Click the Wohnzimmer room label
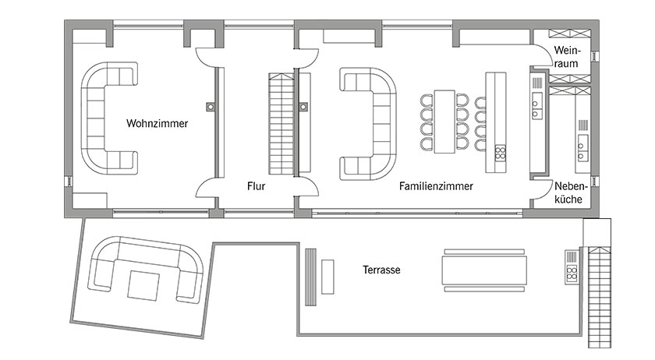(157, 123)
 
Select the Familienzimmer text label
(437, 187)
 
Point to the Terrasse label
(381, 270)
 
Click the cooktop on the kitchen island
(500, 152)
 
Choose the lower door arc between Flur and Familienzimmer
(308, 187)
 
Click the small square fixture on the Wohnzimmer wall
(209, 106)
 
